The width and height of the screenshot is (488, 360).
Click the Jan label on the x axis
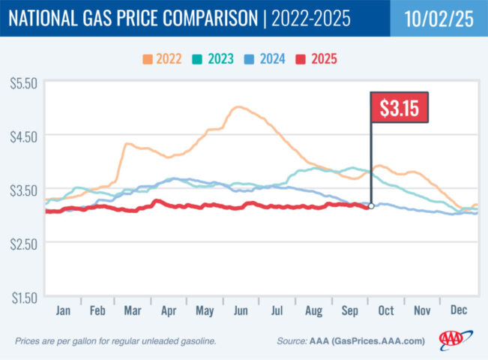coord(63,309)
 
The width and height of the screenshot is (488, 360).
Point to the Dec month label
coord(460,309)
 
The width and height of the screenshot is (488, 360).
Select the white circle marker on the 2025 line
coord(371,205)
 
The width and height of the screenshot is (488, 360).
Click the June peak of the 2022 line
coord(238,107)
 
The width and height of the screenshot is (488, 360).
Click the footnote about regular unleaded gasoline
coord(115,340)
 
